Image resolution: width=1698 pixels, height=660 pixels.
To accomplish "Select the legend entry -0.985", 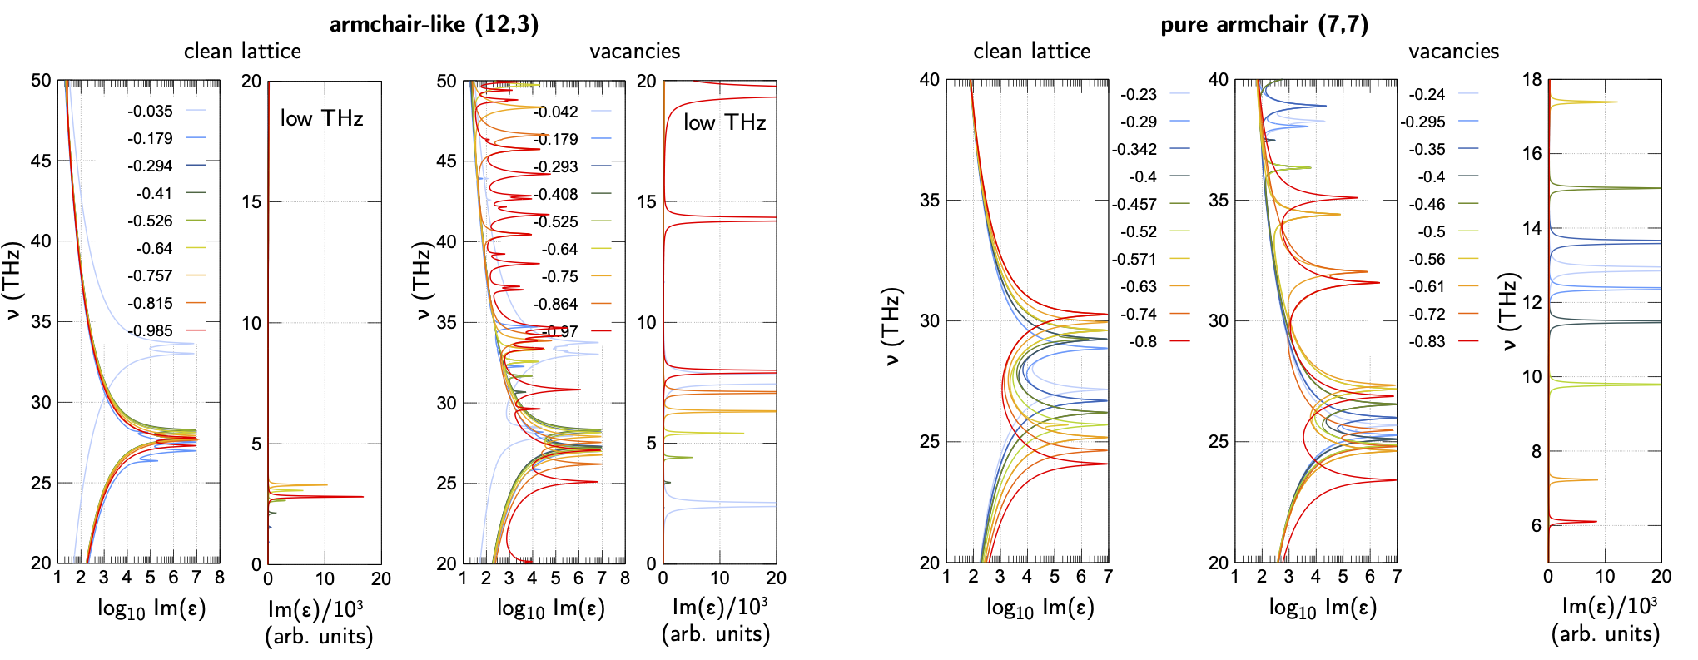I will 151,331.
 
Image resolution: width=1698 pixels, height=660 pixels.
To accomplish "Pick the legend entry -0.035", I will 151,112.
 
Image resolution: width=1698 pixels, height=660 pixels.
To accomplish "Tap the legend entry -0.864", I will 555,305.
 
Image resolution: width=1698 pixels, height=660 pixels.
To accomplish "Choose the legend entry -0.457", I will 1134,205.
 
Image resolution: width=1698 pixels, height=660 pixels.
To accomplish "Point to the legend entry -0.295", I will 1422,122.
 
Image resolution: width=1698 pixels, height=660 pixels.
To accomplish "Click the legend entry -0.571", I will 1134,260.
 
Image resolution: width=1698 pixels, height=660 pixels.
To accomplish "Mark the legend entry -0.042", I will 555,112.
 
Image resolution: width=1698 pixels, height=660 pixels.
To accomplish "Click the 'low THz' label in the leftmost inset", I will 321,119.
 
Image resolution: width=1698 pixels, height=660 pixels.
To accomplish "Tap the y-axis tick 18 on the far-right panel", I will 1532,80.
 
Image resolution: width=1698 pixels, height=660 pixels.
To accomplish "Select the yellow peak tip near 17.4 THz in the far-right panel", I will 1616,102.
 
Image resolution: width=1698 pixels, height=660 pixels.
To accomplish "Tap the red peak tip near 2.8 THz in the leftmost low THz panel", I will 363,497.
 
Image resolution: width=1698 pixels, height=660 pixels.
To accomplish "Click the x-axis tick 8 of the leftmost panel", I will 220,578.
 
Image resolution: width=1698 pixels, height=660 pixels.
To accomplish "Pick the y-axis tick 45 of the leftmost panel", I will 41,161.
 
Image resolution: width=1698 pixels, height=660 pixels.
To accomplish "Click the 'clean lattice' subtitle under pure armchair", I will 1031,52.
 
